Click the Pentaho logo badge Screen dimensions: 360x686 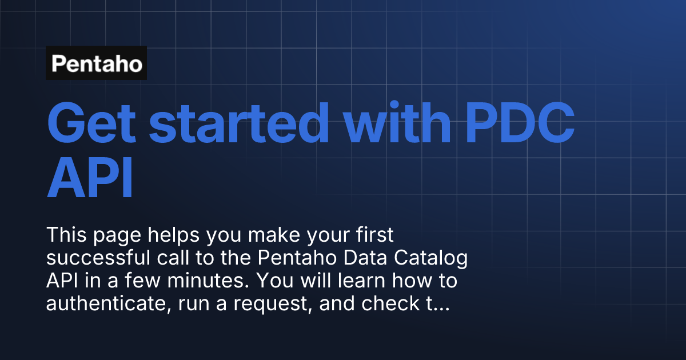tap(96, 63)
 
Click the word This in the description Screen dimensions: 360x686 tap(65, 235)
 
